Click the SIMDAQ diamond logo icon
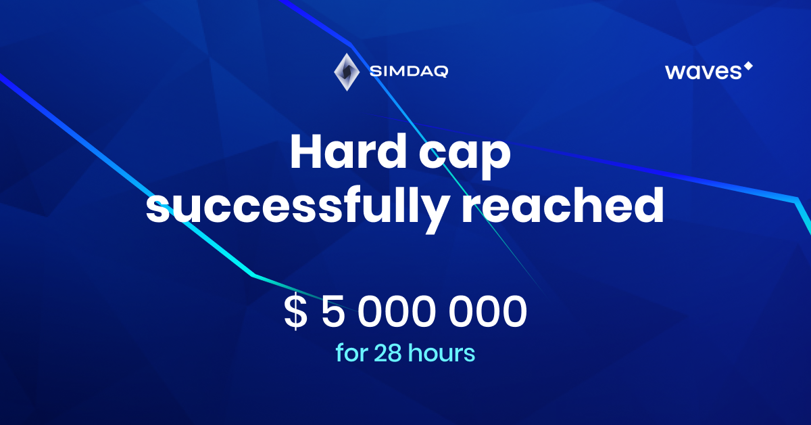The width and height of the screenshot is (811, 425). [x=347, y=72]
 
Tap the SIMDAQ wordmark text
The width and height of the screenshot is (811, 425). [x=409, y=72]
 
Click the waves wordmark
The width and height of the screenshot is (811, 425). [x=703, y=72]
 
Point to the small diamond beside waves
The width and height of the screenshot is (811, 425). [x=748, y=66]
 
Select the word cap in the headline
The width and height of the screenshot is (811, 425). [x=465, y=156]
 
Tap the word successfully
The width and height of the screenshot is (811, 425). [x=297, y=206]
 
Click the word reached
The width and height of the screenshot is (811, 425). [x=563, y=205]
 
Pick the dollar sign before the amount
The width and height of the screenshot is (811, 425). [x=296, y=311]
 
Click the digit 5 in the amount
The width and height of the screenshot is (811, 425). [x=333, y=311]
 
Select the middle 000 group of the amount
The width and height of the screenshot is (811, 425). [x=397, y=311]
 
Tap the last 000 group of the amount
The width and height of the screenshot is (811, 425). [x=488, y=311]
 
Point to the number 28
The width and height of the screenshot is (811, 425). [x=388, y=353]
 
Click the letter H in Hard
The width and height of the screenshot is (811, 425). [x=306, y=151]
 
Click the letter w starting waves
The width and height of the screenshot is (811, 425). [x=676, y=72]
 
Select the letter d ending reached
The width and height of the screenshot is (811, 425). [x=649, y=205]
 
